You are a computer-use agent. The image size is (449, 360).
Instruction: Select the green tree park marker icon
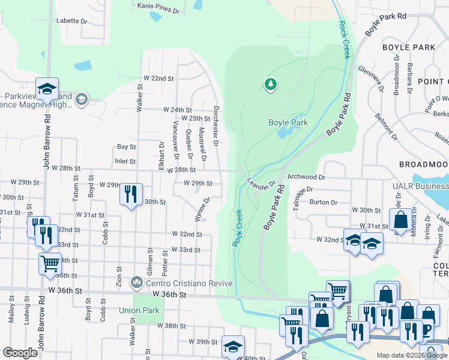(271, 84)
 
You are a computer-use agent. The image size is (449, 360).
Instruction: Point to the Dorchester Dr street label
(215, 126)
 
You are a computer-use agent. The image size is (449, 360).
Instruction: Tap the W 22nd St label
(158, 79)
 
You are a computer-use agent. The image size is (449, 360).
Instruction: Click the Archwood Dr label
(306, 177)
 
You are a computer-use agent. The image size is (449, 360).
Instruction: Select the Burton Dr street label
(323, 202)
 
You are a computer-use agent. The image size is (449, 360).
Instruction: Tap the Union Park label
(139, 310)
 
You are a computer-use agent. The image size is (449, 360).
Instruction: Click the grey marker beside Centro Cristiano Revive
(138, 282)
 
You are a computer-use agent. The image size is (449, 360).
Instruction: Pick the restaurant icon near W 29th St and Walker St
(131, 193)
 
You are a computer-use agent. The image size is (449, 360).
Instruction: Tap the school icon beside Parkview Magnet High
(47, 89)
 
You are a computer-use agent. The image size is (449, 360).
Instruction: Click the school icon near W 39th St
(233, 346)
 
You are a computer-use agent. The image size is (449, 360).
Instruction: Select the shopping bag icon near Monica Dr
(400, 219)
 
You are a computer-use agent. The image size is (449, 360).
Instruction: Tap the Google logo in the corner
(20, 353)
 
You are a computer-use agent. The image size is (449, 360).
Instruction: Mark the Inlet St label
(126, 161)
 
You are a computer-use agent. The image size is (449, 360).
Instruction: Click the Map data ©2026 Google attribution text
(411, 355)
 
